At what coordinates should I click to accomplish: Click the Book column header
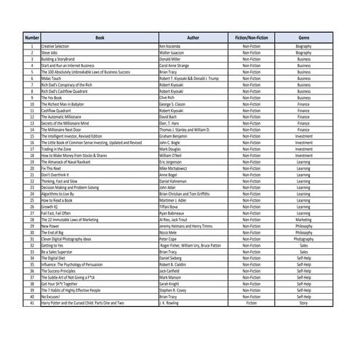pyautogui.click(x=99, y=36)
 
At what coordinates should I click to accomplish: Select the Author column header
pyautogui.click(x=193, y=36)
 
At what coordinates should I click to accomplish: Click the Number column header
pyautogui.click(x=32, y=36)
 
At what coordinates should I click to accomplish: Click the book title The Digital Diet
pyautogui.click(x=55, y=257)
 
